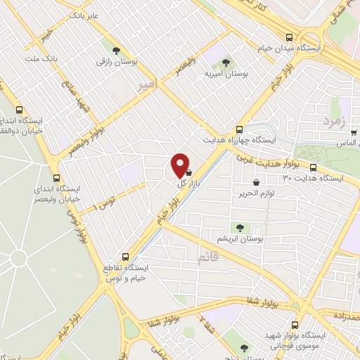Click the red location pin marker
pyautogui.click(x=181, y=165)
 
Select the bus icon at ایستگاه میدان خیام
pyautogui.click(x=289, y=38)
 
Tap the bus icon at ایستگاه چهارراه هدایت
pyautogui.click(x=239, y=129)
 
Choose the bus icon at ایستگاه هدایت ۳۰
pyautogui.click(x=312, y=168)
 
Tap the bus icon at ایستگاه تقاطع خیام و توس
pyautogui.click(x=125, y=256)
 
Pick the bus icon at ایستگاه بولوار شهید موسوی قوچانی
pyautogui.click(x=295, y=326)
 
